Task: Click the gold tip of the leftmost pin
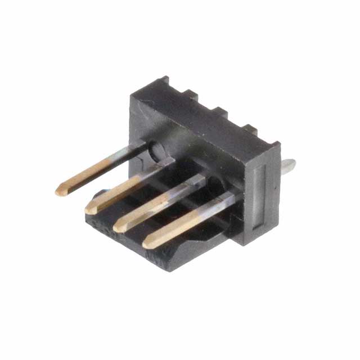pos(60,192)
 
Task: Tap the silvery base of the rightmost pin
pos(228,199)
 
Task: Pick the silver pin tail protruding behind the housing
pos(289,165)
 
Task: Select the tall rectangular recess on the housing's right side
pos(258,197)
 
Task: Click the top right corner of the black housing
pos(278,146)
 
